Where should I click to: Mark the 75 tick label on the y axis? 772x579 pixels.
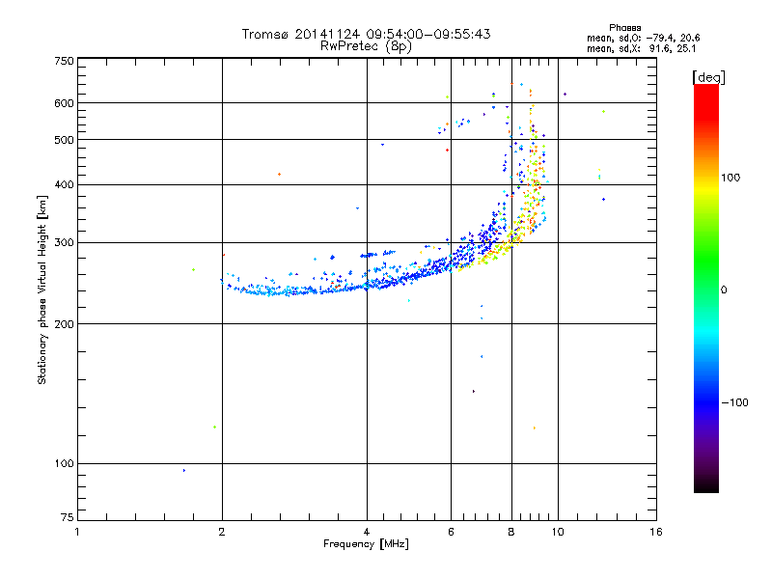coord(67,518)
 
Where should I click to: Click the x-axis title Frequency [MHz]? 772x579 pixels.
coord(367,544)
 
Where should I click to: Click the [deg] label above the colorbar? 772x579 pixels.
coord(709,77)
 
